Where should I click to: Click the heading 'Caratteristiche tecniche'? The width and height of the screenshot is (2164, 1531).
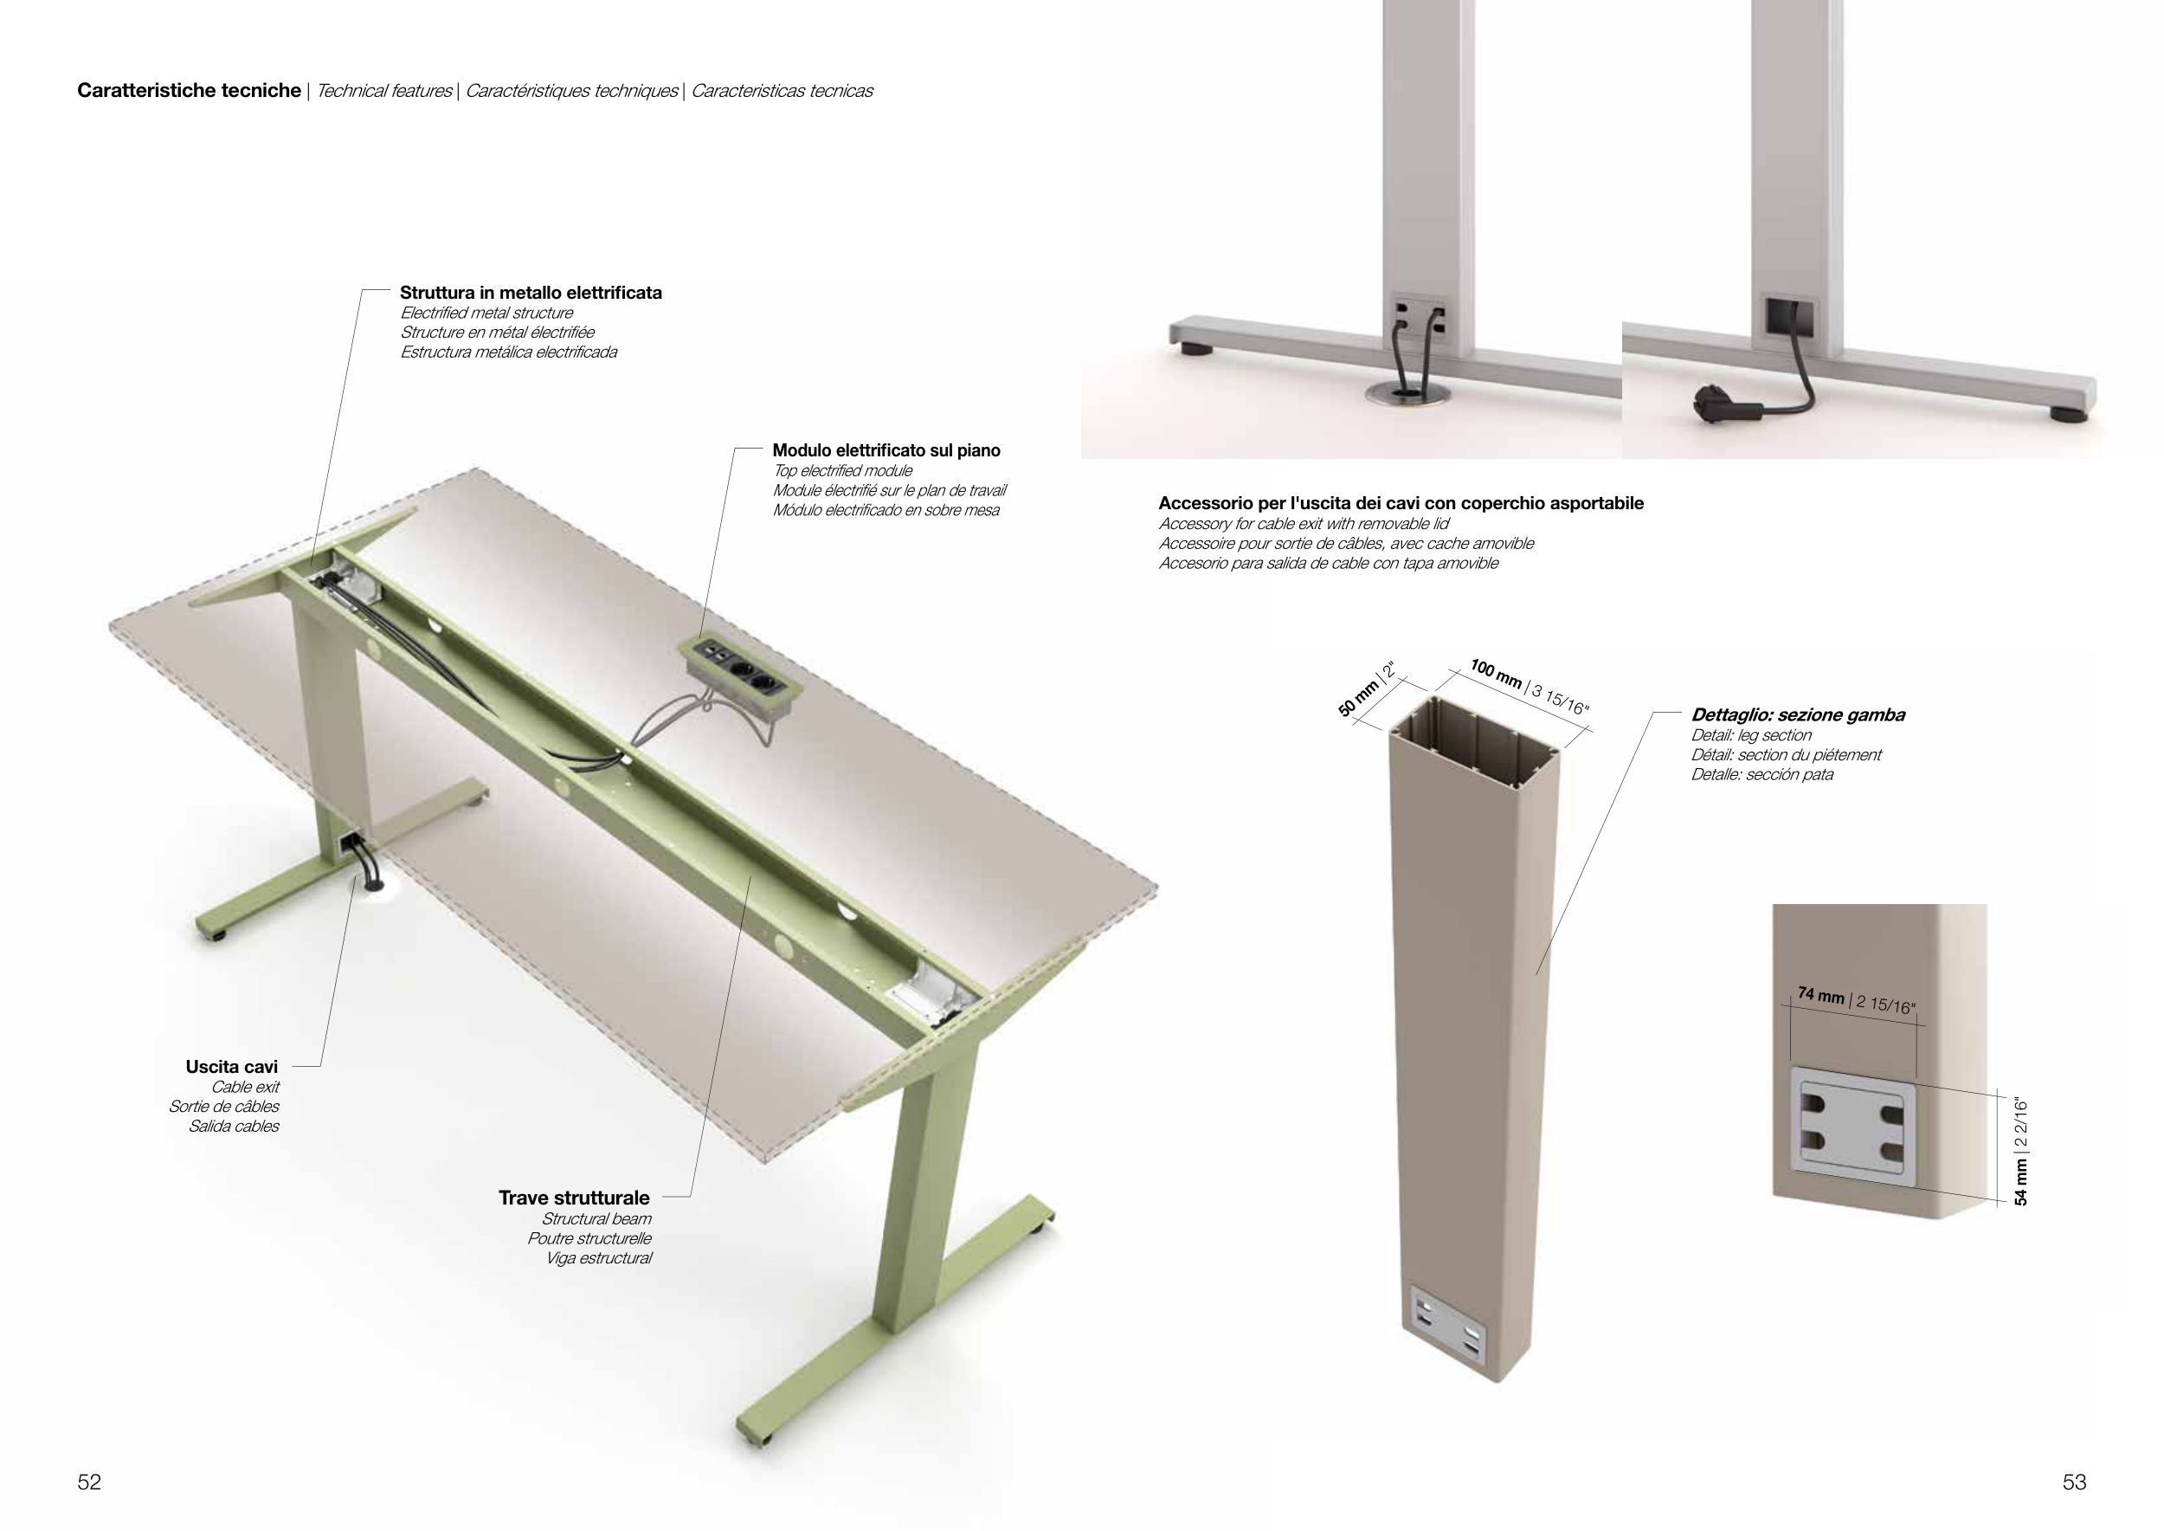tap(190, 92)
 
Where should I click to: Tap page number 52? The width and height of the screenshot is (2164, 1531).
tap(88, 1482)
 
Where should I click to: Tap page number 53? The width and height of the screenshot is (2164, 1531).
tap(2075, 1482)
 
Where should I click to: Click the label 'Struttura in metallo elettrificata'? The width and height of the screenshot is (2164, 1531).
tap(531, 294)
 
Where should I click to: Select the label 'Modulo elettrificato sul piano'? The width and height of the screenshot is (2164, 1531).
tap(886, 450)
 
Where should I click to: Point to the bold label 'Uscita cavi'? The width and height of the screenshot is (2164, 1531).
tap(232, 1067)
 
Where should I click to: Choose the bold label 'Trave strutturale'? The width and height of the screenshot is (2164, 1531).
tap(574, 1198)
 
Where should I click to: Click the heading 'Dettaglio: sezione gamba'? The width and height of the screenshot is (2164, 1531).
tap(1797, 715)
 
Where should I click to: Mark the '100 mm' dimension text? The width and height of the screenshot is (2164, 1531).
tap(1496, 674)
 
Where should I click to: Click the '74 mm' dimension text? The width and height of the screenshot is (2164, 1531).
tap(1821, 996)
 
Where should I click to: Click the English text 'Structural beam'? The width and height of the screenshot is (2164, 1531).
tap(596, 1219)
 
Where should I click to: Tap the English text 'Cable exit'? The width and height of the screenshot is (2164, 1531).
tap(245, 1087)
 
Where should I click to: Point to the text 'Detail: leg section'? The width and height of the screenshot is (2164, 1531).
tap(1751, 735)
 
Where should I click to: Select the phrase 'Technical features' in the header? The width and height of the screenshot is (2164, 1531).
tap(384, 92)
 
